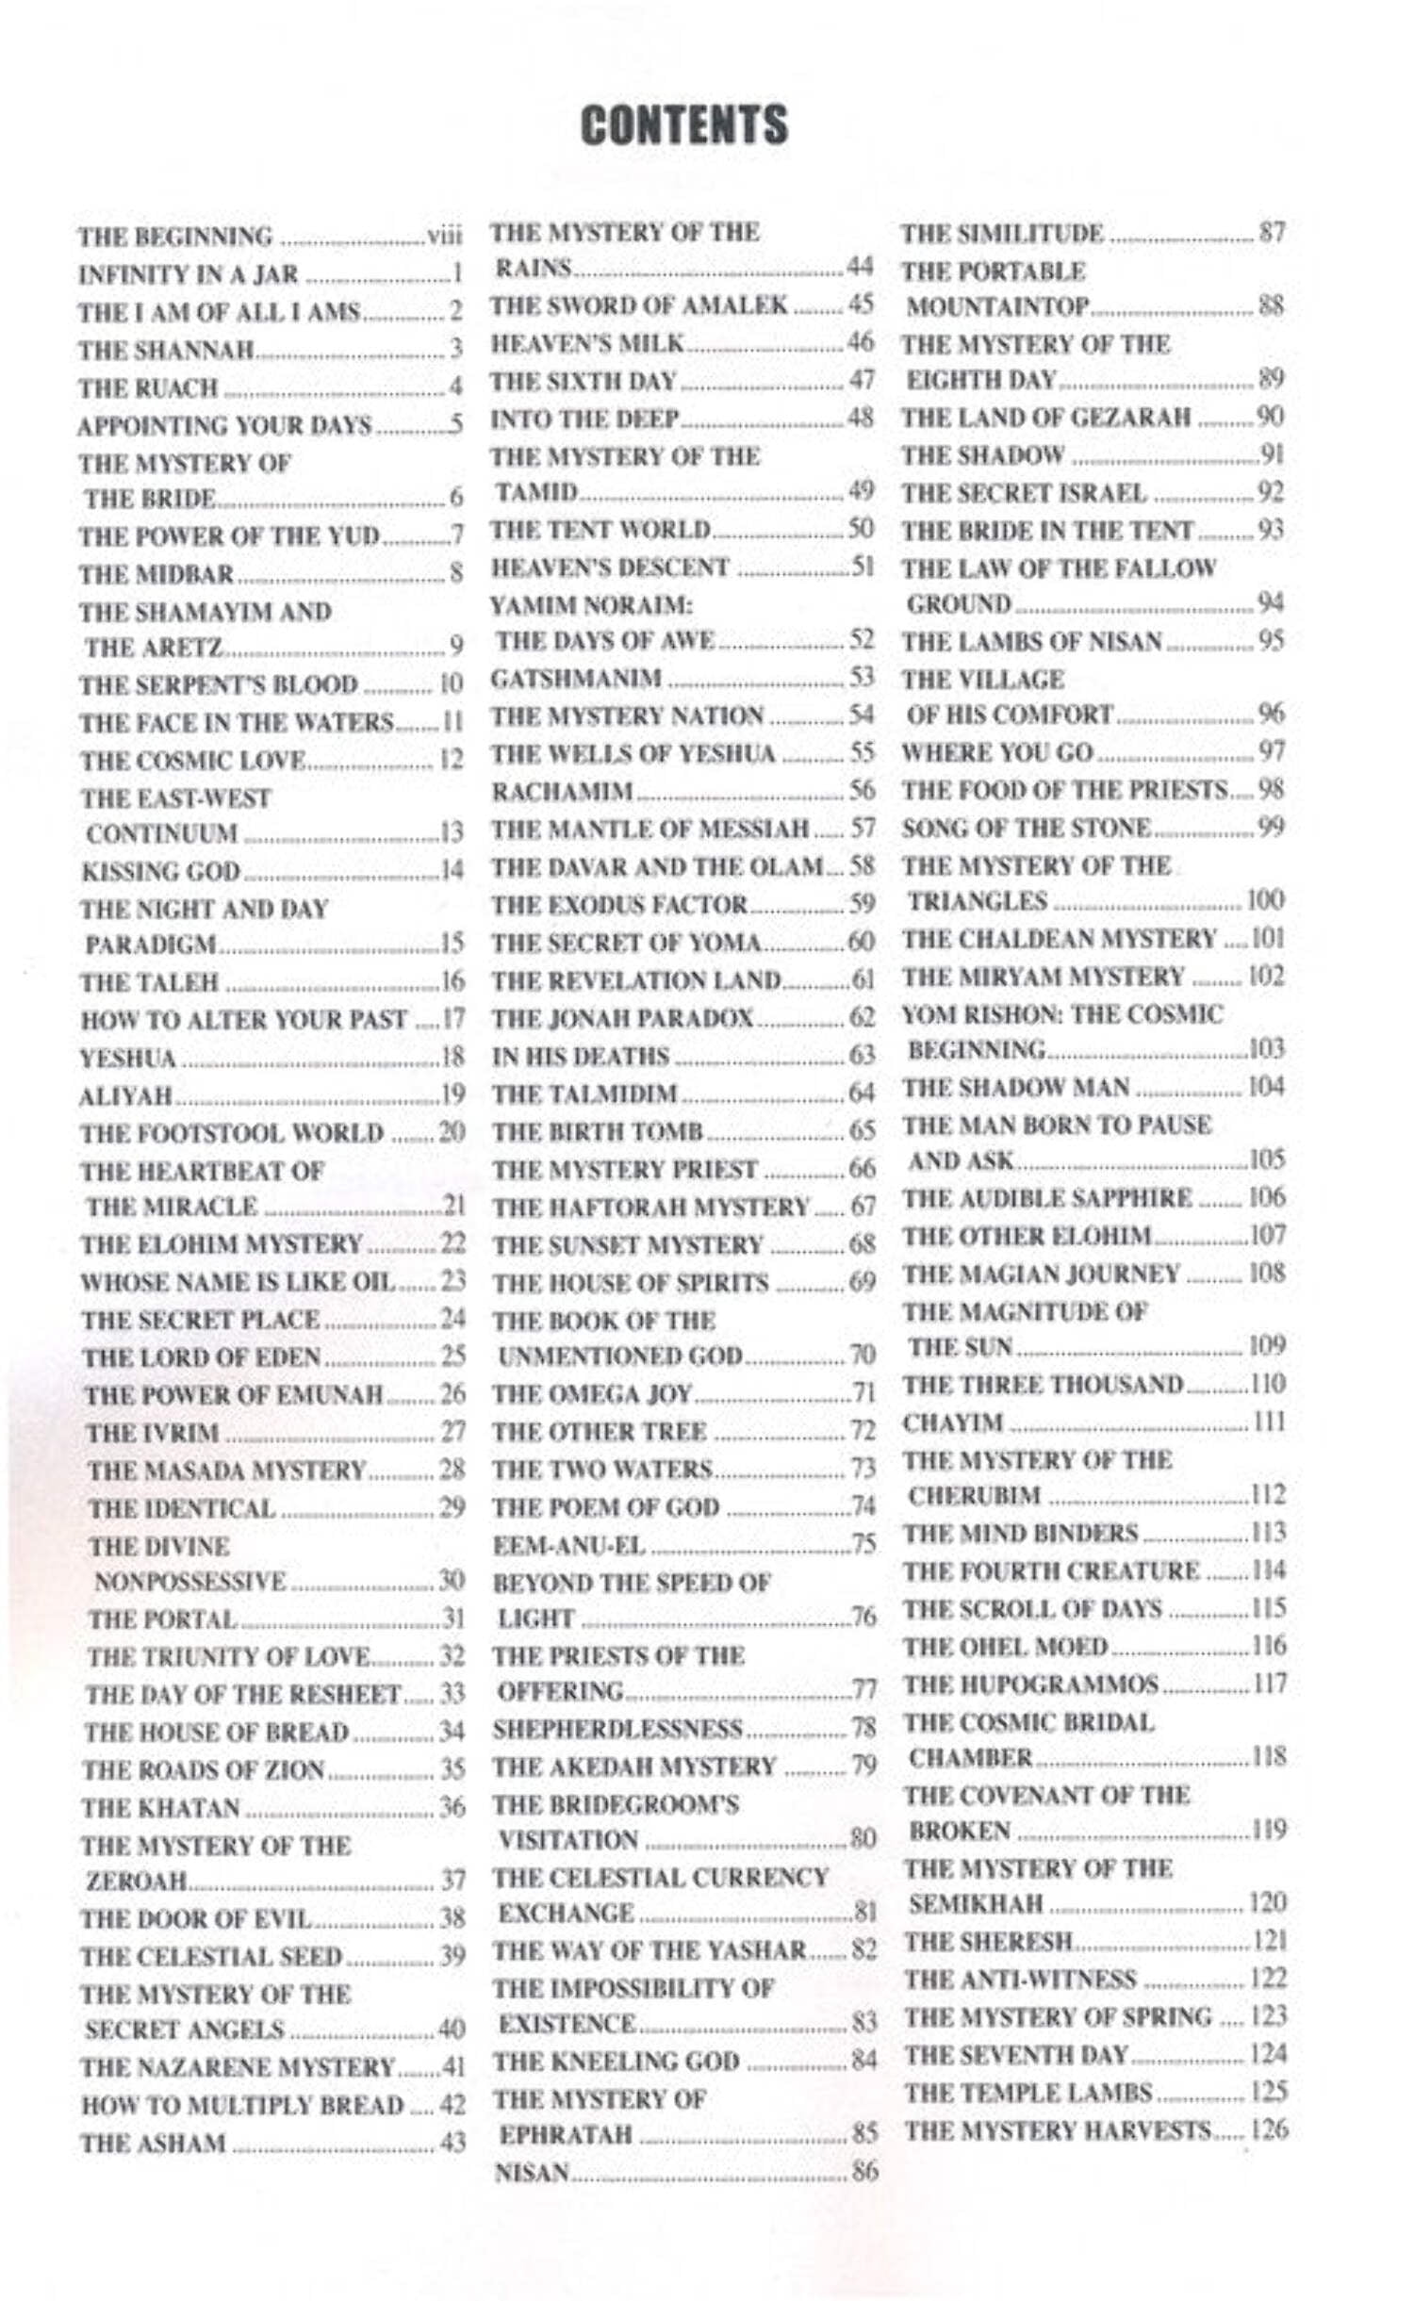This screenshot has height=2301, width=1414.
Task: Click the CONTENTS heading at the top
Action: [683, 125]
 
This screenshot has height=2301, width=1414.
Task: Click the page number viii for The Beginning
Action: [444, 236]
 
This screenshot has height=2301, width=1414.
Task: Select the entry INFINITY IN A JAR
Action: [188, 274]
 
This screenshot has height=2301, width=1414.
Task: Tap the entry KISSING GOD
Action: [160, 871]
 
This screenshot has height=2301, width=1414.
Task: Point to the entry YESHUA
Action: [127, 1058]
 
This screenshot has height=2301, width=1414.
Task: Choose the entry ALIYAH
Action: [126, 1095]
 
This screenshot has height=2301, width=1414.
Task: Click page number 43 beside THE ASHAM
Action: [452, 2143]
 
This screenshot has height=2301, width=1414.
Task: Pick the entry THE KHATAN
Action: [160, 1808]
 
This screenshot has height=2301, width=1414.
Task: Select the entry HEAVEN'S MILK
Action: [586, 343]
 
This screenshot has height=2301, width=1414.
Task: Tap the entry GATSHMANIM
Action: [576, 679]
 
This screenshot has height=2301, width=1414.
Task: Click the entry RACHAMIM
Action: [562, 791]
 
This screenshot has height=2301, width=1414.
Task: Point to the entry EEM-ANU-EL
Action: [568, 1545]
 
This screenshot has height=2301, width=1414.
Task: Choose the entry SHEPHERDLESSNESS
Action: [617, 1729]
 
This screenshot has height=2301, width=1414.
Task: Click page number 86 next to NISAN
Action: [864, 2173]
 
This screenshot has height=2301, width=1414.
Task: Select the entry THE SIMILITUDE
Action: [1001, 233]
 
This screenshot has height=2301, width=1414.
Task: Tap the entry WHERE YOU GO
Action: [996, 752]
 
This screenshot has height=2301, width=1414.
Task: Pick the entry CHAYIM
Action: [952, 1422]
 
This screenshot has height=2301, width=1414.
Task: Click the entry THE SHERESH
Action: [988, 1942]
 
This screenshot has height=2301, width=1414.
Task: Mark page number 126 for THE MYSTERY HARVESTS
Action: [1269, 2129]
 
